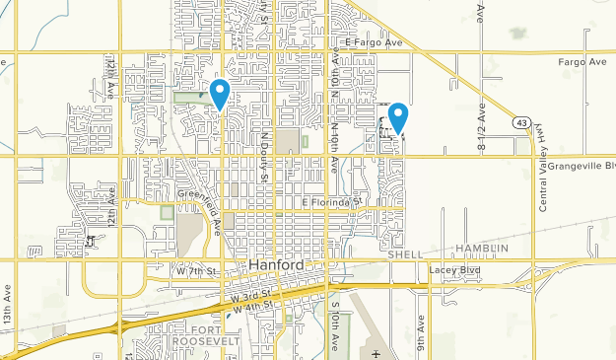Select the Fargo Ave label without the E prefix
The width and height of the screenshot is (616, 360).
[582, 62]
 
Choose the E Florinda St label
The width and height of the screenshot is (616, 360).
[332, 201]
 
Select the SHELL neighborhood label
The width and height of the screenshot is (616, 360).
[405, 253]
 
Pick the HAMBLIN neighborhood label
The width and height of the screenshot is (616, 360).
[480, 248]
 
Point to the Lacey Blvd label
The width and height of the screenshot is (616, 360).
[452, 269]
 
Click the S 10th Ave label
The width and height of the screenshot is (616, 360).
[334, 323]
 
